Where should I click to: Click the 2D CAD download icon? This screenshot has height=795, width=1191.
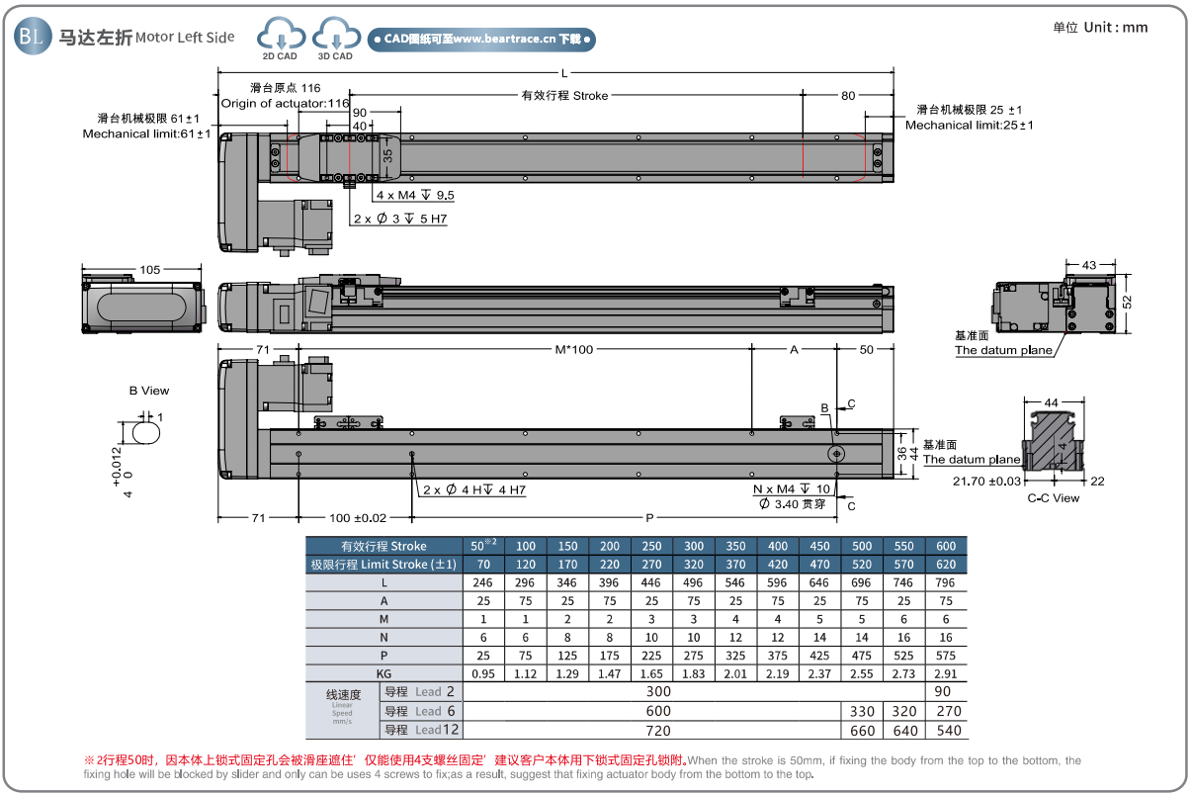tap(280, 38)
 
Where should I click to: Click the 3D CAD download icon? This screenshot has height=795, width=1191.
tap(335, 38)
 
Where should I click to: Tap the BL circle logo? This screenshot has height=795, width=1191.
tap(31, 37)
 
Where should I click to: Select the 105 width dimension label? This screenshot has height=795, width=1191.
tap(150, 269)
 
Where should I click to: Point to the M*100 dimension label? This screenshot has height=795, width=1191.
tap(573, 349)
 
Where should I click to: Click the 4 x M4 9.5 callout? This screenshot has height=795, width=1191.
tap(415, 195)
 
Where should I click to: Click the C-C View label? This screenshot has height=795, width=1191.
tap(1053, 498)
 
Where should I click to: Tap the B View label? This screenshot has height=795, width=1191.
tap(149, 391)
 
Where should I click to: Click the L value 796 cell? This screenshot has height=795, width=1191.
tap(946, 583)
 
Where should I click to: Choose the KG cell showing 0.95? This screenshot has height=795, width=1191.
tap(483, 672)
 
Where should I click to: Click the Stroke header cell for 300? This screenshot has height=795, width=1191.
tap(694, 546)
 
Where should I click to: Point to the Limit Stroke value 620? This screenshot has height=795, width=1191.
tap(946, 564)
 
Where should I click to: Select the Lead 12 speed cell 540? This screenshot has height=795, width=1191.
tap(946, 730)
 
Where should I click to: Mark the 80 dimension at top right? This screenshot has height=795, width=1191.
tap(848, 96)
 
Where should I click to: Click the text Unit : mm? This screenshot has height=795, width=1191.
tap(1100, 27)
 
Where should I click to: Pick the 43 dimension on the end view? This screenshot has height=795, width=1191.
tap(1089, 265)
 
